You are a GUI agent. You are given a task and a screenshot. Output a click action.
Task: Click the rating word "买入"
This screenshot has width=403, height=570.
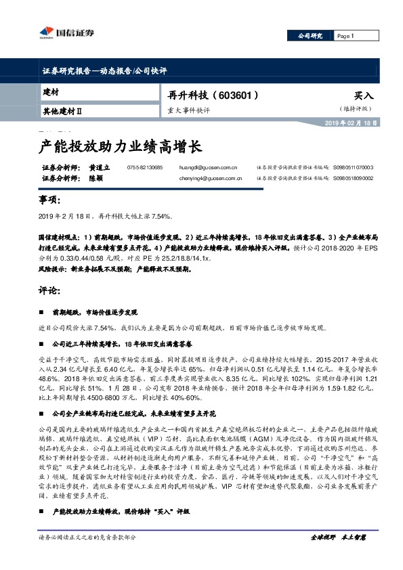pyautogui.click(x=364, y=95)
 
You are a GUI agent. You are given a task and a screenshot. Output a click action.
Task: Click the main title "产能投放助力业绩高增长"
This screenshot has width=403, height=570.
pyautogui.click(x=118, y=146)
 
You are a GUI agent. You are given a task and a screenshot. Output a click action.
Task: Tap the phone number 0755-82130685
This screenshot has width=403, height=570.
pyautogui.click(x=144, y=167)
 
